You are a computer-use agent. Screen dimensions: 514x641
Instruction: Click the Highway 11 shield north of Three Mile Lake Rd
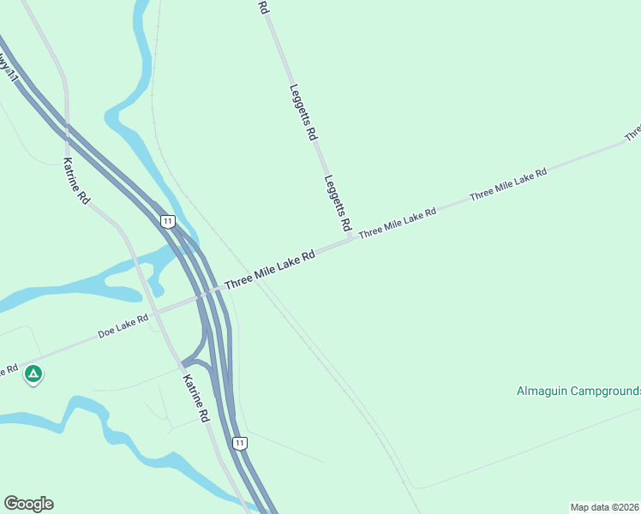click(168, 221)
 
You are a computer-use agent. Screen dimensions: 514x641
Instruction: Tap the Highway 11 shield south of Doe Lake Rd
click(240, 443)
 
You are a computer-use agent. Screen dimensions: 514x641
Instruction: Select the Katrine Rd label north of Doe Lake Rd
click(76, 181)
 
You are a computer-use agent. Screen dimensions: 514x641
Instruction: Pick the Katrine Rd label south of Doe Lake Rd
click(196, 397)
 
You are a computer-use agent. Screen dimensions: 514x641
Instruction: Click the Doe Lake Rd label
click(123, 326)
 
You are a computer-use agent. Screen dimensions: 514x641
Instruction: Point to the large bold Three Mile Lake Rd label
click(270, 269)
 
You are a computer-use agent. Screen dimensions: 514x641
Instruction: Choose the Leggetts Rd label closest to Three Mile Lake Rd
click(338, 203)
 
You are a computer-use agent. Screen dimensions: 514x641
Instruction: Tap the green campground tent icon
click(33, 374)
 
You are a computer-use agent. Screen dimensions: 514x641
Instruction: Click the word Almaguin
click(548, 391)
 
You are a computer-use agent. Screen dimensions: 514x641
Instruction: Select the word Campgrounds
click(611, 391)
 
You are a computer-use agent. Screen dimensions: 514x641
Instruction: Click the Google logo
click(28, 504)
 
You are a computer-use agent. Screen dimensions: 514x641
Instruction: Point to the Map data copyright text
click(605, 507)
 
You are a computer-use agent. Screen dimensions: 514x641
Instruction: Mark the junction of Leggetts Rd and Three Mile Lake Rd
click(352, 241)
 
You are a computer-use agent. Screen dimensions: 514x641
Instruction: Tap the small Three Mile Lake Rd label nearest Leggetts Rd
click(398, 222)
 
